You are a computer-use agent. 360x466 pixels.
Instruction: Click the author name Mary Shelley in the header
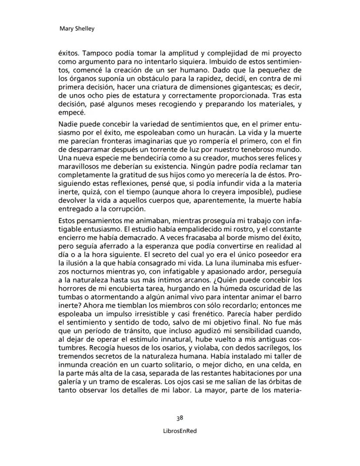(76, 29)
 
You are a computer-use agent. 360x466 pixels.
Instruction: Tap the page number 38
(180, 418)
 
